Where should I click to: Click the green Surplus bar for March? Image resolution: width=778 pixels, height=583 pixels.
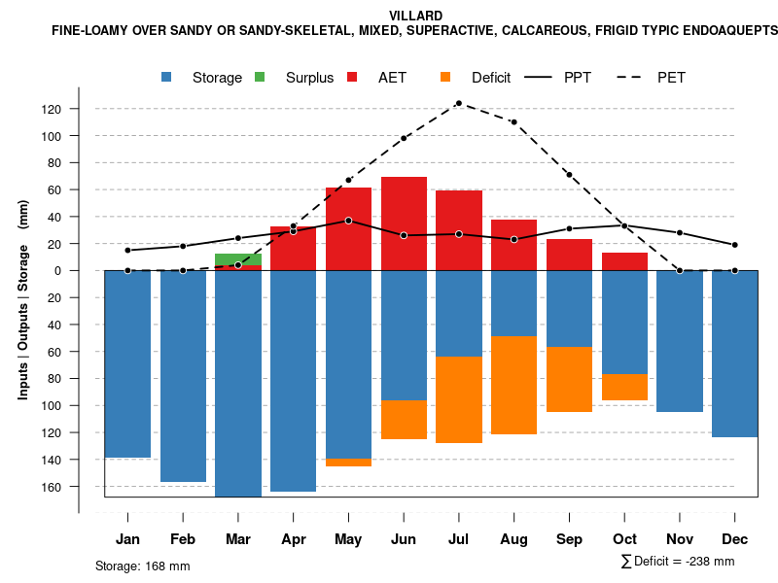(238, 259)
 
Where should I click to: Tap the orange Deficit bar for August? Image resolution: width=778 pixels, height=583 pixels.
(514, 385)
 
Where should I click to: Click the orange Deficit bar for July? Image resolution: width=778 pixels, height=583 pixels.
(459, 399)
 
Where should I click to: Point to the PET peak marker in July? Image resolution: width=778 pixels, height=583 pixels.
(458, 103)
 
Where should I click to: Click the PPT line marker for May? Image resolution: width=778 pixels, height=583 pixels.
(348, 221)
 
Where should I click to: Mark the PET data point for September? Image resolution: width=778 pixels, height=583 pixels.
(569, 175)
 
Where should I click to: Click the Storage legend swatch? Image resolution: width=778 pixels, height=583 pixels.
(167, 77)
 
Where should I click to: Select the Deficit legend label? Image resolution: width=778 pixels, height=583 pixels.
(490, 78)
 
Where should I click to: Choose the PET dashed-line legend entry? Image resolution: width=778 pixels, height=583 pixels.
(642, 77)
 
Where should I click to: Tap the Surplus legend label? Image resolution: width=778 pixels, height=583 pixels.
(309, 78)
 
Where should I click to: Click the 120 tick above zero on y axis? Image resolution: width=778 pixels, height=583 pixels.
(52, 109)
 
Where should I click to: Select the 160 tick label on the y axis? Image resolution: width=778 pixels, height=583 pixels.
(52, 486)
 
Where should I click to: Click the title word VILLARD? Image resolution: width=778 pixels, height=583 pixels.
(415, 16)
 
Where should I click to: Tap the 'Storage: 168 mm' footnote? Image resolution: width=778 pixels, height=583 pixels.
(143, 566)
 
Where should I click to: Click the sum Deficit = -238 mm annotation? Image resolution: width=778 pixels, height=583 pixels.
(678, 562)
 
